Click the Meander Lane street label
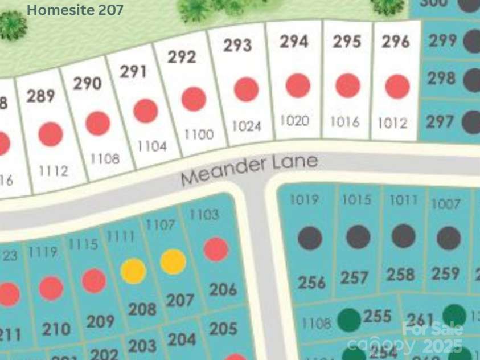249,169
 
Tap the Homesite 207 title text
75,10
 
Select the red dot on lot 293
246,89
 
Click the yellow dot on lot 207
173,261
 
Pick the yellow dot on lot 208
133,271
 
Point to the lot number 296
396,42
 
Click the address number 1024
247,126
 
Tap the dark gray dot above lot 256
310,238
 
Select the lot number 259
445,273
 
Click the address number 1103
204,215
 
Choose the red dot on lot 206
216,249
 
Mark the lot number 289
40,96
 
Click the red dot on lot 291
146,111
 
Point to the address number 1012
393,123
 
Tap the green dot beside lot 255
348,320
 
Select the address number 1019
304,200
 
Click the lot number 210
56,329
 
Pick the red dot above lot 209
94,281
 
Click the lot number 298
441,78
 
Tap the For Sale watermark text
433,329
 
